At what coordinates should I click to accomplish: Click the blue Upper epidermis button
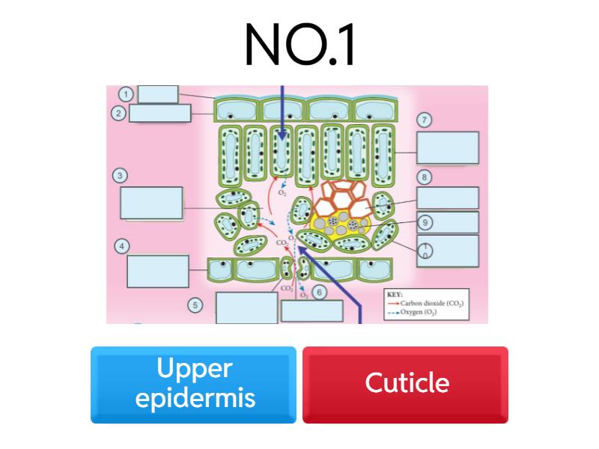pos(193,384)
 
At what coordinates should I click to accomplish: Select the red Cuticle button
pos(405,384)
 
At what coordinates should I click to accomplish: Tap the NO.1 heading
pos(299,44)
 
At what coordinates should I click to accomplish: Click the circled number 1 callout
pos(126,94)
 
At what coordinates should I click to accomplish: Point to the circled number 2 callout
pos(118,114)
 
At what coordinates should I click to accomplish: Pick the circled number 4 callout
pos(120,246)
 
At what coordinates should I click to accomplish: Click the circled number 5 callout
pos(195,305)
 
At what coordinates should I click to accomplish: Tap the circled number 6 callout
pos(319,293)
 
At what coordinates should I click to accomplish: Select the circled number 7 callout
pos(425,120)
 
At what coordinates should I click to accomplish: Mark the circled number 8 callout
pos(425,177)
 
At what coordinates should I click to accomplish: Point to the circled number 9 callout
pos(425,222)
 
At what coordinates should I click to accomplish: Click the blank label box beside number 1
pos(158,94)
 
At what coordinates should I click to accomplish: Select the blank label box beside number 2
pos(160,113)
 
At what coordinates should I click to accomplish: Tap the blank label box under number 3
pos(151,203)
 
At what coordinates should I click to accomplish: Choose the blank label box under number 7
pos(448,147)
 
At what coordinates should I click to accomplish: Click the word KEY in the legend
pos(395,294)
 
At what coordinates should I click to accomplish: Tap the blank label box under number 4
pos(158,271)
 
